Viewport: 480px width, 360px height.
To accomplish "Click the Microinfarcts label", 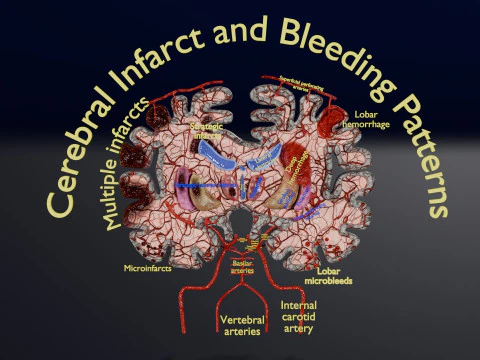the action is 144,269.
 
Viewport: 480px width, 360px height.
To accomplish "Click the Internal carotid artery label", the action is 299,317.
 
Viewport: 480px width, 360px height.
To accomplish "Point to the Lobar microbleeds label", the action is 333,275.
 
